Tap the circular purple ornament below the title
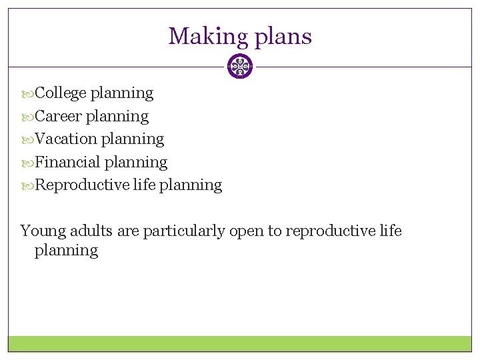point(240,67)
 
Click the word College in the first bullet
point(61,93)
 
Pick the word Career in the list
point(59,116)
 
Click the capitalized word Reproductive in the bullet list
point(82,185)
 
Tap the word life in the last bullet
point(144,185)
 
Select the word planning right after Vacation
point(132,139)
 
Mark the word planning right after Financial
point(136,162)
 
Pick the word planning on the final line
point(66,251)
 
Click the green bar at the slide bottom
point(240,343)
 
